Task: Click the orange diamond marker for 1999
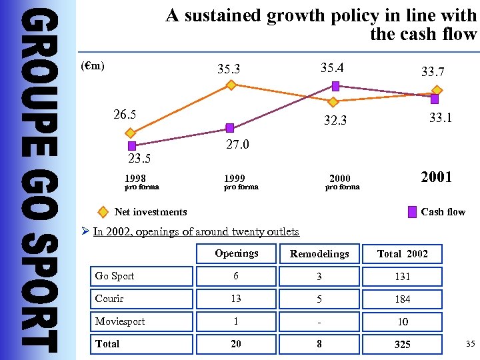pyautogui.click(x=231, y=85)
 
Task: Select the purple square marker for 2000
pyautogui.click(x=336, y=86)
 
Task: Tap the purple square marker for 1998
pyautogui.click(x=132, y=145)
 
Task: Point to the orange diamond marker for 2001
pyautogui.click(x=437, y=90)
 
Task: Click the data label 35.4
pyautogui.click(x=332, y=67)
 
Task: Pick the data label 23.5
pyautogui.click(x=139, y=159)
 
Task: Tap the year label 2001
pyautogui.click(x=436, y=177)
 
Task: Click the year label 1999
pyautogui.click(x=234, y=178)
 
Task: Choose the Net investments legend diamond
pyautogui.click(x=103, y=212)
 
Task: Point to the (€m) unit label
pyautogui.click(x=92, y=67)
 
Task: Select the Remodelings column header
pyautogui.click(x=319, y=254)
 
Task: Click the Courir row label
pyautogui.click(x=109, y=299)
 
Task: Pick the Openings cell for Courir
pyautogui.click(x=236, y=299)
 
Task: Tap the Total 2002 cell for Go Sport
pyautogui.click(x=402, y=277)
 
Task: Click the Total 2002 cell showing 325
pyautogui.click(x=402, y=344)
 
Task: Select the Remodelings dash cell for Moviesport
pyautogui.click(x=319, y=321)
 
